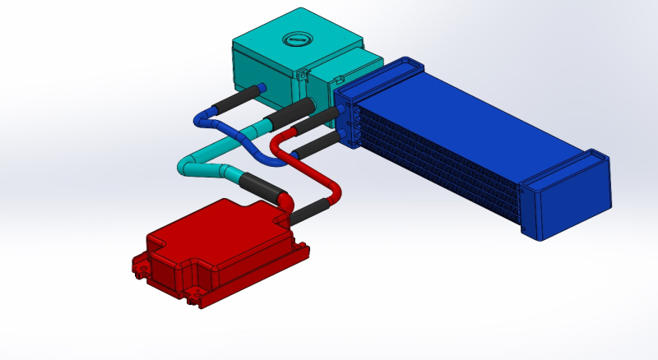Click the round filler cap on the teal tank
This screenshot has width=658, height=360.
[x=295, y=39]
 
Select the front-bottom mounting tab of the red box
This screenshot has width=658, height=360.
[x=195, y=298]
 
